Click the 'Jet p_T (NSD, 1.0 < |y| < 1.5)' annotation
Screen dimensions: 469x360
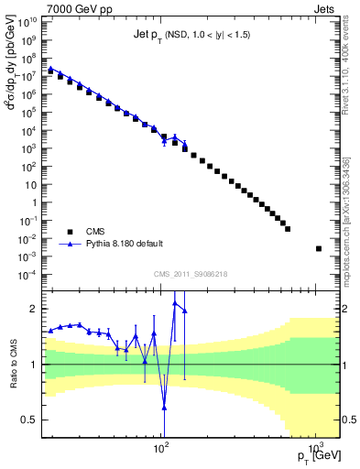coord(191,35)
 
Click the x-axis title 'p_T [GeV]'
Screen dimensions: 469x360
coord(315,456)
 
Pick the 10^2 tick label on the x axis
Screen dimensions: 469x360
coord(162,450)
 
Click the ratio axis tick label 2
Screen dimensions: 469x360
coord(35,308)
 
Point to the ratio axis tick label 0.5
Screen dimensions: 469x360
coord(32,420)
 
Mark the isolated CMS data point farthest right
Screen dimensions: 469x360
coord(319,248)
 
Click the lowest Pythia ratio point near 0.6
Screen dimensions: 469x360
coord(164,408)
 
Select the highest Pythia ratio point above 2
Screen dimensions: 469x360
coord(175,301)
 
